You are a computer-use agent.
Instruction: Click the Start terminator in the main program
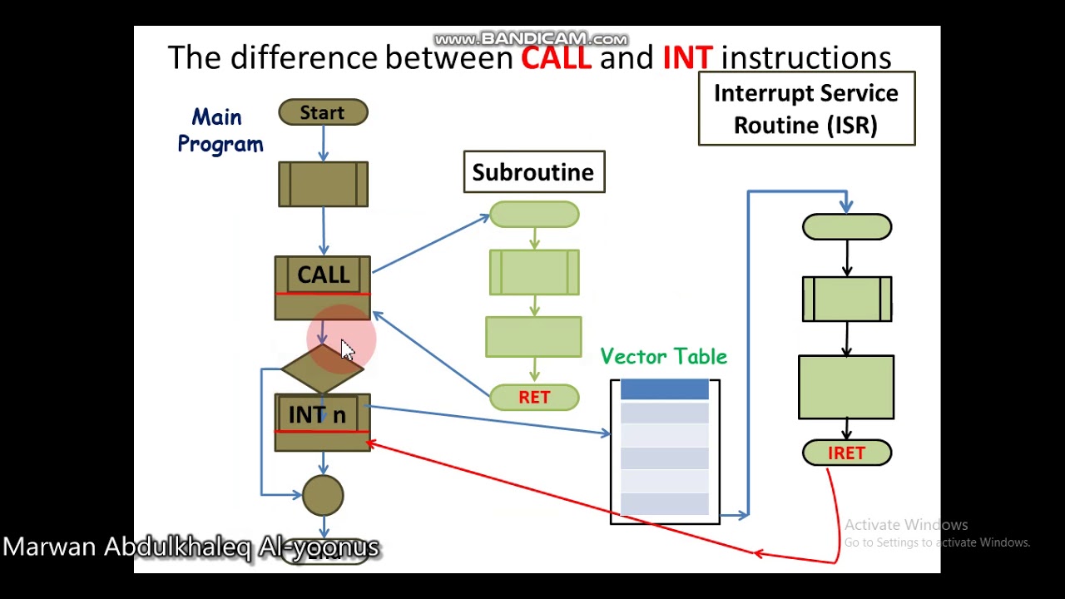click(323, 112)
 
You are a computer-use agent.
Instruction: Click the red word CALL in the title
click(556, 57)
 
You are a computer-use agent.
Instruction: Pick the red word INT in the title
click(687, 57)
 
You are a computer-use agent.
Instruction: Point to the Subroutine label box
click(534, 172)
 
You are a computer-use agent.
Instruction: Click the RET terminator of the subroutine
click(534, 397)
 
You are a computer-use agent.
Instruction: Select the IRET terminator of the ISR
click(847, 453)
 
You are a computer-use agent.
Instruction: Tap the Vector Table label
click(664, 357)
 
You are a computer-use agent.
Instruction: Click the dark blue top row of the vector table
click(664, 389)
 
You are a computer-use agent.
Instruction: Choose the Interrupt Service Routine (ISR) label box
click(806, 109)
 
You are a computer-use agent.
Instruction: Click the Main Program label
click(220, 131)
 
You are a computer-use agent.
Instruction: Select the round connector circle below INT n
click(323, 495)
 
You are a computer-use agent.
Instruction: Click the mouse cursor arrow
click(347, 350)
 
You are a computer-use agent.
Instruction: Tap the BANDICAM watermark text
click(531, 39)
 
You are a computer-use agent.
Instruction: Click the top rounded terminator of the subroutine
click(534, 215)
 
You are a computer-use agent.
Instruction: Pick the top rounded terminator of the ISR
click(847, 227)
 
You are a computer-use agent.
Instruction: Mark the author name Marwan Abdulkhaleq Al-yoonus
click(191, 547)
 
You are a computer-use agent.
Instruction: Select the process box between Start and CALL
click(323, 184)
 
